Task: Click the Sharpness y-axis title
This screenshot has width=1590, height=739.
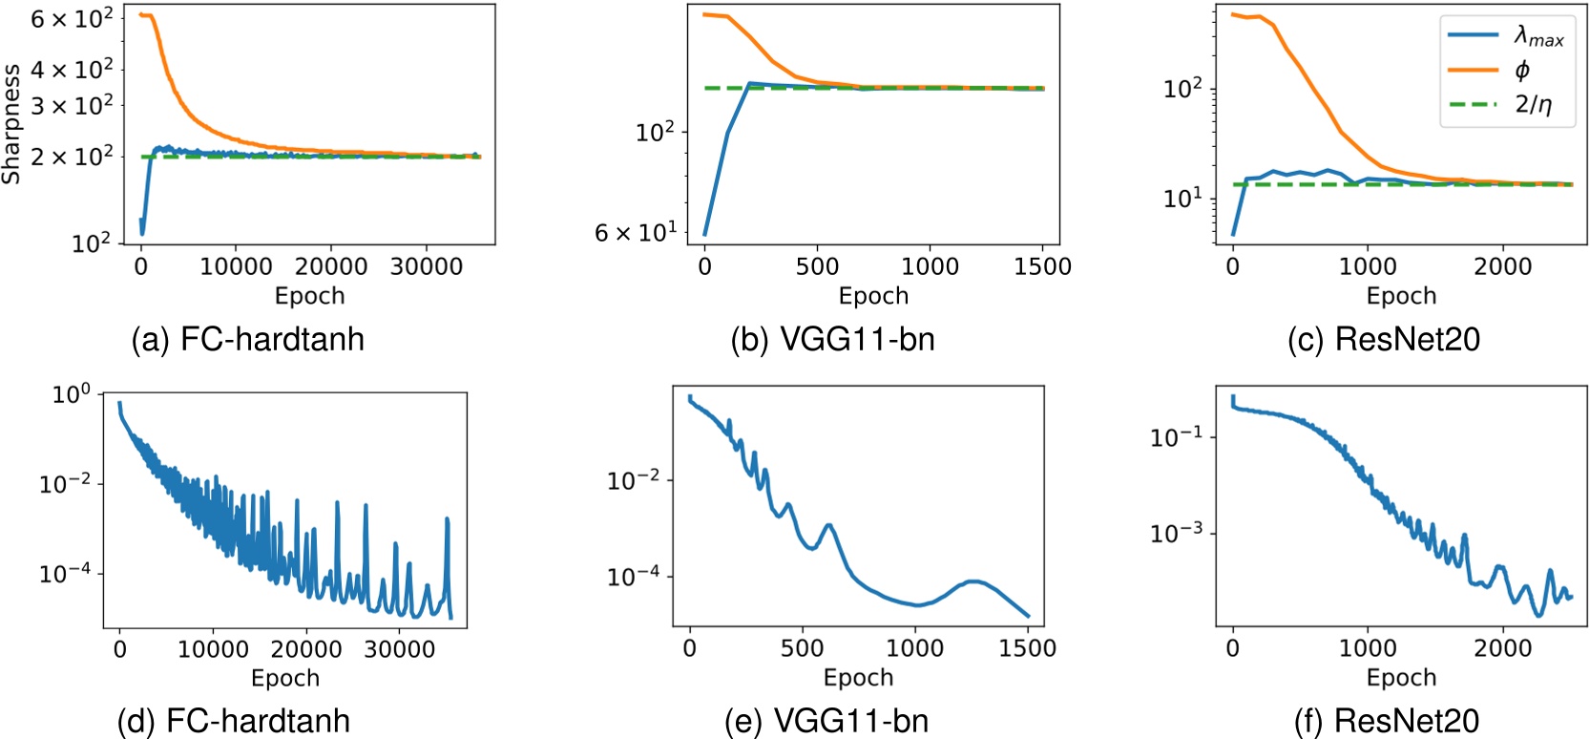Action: coord(11,124)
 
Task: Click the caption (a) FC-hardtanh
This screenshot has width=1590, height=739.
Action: coord(248,339)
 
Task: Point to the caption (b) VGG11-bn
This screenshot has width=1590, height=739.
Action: coord(832,339)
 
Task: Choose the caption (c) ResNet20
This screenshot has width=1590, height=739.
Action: coord(1384,339)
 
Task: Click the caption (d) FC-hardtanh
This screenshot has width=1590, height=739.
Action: coord(234,720)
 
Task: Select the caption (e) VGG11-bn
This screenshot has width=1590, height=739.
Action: coord(826,720)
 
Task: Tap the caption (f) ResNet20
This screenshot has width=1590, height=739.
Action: coord(1387,720)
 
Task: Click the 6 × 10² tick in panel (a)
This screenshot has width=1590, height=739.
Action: coord(72,17)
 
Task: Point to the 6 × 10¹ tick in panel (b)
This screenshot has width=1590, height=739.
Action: coord(636,232)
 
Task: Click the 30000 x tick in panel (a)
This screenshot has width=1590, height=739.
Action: coord(427,266)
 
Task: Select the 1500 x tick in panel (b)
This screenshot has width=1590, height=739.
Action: coord(1042,266)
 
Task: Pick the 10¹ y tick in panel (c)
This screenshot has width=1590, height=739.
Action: coord(1183,198)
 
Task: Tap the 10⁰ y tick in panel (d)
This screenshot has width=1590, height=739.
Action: coord(71,393)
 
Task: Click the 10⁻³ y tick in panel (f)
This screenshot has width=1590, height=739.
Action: coord(1177,532)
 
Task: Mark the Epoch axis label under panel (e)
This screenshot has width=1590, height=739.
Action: coord(858,677)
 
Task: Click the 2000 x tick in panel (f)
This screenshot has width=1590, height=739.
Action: coord(1503,648)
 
